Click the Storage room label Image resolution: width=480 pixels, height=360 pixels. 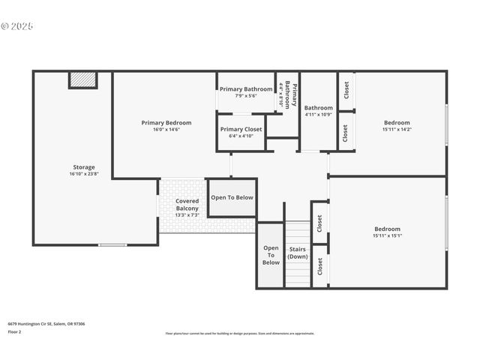click(83, 167)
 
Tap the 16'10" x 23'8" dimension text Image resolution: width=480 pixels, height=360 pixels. click(83, 174)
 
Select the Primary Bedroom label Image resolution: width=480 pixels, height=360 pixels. click(166, 122)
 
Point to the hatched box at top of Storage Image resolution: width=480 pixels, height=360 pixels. click(83, 79)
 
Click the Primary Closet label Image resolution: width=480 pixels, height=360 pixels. click(241, 129)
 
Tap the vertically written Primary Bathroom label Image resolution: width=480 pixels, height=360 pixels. click(289, 94)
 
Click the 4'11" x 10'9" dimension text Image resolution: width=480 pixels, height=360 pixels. click(318, 115)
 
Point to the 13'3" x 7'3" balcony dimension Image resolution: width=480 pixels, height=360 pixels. click(187, 214)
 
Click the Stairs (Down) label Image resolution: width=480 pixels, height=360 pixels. click(298, 252)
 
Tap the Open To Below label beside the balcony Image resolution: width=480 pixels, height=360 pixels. click(232, 197)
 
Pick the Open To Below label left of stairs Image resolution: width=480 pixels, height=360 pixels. click(271, 255)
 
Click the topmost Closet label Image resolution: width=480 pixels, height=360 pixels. click(346, 90)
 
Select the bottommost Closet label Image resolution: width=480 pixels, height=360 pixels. click(319, 265)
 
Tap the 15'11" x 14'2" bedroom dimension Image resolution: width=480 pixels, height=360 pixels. click(397, 129)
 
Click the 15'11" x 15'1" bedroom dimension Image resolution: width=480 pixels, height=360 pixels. click(387, 235)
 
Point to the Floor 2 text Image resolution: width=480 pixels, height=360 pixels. click(15, 331)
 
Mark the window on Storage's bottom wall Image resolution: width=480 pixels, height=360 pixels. click(112, 244)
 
